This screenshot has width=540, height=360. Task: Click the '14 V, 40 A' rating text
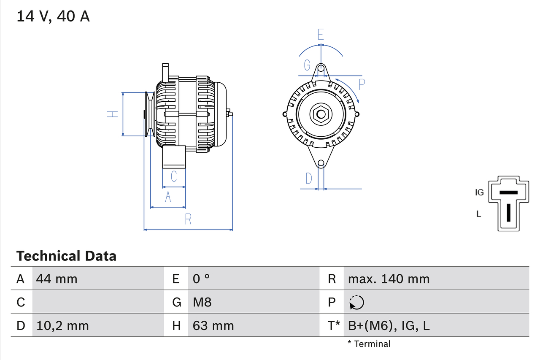pyautogui.click(x=53, y=16)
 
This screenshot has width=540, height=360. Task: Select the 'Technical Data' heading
pyautogui.click(x=66, y=256)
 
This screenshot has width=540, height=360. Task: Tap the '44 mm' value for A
pyautogui.click(x=57, y=279)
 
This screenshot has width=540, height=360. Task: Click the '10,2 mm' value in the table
pyautogui.click(x=62, y=325)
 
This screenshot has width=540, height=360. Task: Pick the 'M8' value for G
pyautogui.click(x=202, y=302)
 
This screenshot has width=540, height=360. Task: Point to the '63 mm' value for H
pyautogui.click(x=213, y=325)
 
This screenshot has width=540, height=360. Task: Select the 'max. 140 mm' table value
pyautogui.click(x=389, y=279)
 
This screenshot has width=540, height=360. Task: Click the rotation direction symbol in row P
pyautogui.click(x=356, y=302)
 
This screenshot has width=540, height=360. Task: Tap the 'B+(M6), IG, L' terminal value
pyautogui.click(x=389, y=325)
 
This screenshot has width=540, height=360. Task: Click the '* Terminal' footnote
pyautogui.click(x=369, y=344)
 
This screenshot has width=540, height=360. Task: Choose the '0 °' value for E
pyautogui.click(x=201, y=279)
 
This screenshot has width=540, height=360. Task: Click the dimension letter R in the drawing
pyautogui.click(x=188, y=219)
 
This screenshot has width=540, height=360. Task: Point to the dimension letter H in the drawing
pyautogui.click(x=112, y=114)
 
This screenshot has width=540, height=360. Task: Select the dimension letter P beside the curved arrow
pyautogui.click(x=362, y=84)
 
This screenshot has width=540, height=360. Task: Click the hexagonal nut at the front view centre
pyautogui.click(x=321, y=114)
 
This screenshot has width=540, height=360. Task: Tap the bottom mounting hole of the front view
pyautogui.click(x=321, y=163)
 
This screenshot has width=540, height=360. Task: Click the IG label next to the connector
pyautogui.click(x=479, y=192)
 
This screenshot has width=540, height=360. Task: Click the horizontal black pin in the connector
pyautogui.click(x=508, y=192)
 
